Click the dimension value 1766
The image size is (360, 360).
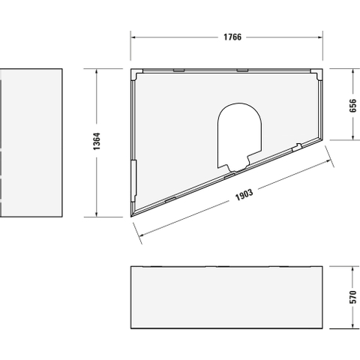click(x=232, y=37)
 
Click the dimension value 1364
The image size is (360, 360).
click(x=97, y=141)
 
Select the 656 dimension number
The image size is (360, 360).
click(x=352, y=106)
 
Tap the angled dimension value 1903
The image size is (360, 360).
click(x=244, y=195)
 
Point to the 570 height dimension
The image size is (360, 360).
click(x=352, y=297)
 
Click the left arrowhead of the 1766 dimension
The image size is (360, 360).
click(x=133, y=37)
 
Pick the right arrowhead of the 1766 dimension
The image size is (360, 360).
click(x=320, y=37)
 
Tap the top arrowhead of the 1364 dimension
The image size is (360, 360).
click(x=97, y=71)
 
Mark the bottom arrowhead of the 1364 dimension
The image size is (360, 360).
click(x=97, y=214)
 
